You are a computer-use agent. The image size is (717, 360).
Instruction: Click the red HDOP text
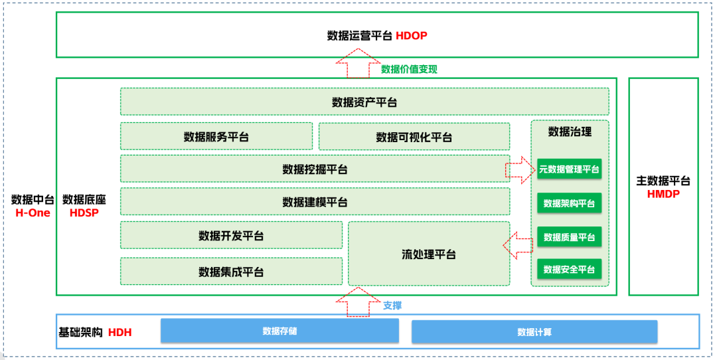point(411,36)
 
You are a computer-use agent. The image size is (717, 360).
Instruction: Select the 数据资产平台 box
point(364,102)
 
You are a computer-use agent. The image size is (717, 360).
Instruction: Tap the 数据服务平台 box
point(216,136)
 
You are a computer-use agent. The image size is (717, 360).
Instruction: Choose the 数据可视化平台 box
point(414,137)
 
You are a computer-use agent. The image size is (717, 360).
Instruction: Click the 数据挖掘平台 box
point(315,169)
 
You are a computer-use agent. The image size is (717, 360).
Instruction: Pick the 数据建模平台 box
point(315,201)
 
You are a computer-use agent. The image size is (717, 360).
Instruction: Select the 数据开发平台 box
point(231,235)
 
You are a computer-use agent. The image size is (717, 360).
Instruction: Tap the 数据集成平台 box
point(231,271)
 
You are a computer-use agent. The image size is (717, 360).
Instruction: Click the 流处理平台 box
point(429,254)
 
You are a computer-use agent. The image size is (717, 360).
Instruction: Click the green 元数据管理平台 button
point(569,169)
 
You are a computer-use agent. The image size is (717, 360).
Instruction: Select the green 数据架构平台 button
point(569,203)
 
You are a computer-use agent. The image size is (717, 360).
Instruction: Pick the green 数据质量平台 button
point(569,237)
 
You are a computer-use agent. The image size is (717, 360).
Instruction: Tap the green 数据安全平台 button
point(569,269)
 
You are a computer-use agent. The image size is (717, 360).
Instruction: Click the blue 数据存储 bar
point(279,331)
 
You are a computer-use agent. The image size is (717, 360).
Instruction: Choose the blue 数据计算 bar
point(534,331)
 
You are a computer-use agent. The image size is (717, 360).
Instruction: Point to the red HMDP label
point(663,193)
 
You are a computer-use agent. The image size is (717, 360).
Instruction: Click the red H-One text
point(33,213)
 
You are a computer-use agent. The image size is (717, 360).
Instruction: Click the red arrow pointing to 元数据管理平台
point(520,169)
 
